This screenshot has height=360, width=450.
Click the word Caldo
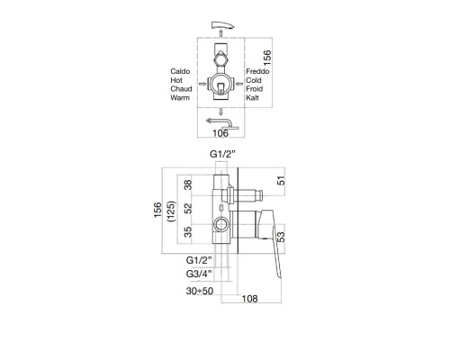coord(180,71)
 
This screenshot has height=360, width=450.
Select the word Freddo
coord(257,71)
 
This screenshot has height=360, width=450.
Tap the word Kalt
coord(252,98)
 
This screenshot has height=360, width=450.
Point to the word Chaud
coord(181,89)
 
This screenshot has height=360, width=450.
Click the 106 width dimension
coord(220,133)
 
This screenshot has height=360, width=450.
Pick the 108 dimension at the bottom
coord(249,299)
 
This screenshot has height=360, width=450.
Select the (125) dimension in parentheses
coord(172,211)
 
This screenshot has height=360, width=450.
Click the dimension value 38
coord(188,184)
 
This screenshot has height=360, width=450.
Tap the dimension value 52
coord(188,209)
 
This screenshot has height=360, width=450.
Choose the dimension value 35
coord(188,232)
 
